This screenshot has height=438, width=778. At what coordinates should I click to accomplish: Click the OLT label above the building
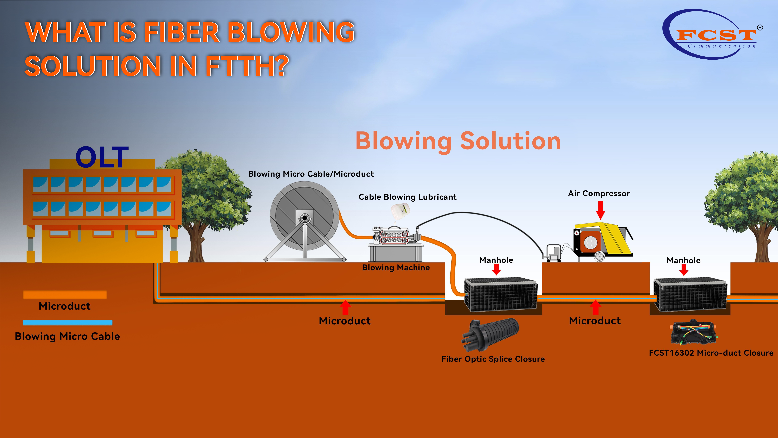(x=102, y=157)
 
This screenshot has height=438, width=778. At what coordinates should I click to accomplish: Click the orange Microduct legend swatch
(x=65, y=295)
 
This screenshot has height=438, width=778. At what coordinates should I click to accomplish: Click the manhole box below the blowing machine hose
(x=500, y=295)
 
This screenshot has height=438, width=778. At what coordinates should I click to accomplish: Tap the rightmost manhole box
(x=690, y=295)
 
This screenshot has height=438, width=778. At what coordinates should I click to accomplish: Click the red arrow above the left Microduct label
(x=345, y=307)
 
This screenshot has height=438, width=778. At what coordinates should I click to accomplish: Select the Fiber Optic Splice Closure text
(x=493, y=359)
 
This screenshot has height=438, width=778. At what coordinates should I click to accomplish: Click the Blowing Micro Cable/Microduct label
(x=311, y=174)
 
